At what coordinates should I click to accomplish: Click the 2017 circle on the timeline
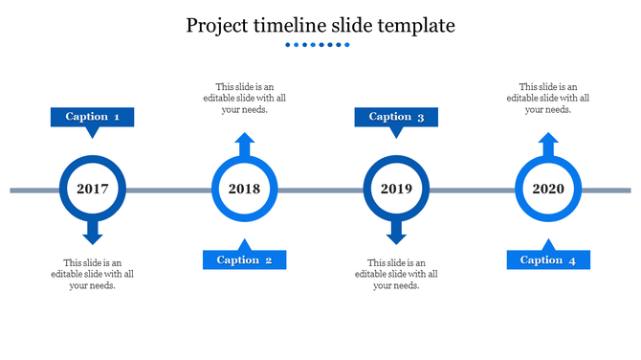[93, 189]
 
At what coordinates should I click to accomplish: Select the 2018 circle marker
[244, 189]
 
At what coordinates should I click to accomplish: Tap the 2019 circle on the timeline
[396, 189]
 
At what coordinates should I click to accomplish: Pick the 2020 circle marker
[547, 189]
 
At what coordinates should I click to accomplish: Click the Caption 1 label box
[92, 117]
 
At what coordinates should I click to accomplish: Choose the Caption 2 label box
[244, 259]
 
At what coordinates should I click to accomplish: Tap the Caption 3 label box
[396, 117]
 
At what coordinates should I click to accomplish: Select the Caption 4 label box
[548, 259]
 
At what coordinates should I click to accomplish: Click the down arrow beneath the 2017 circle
[93, 232]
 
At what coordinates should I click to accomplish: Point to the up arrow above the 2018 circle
[244, 146]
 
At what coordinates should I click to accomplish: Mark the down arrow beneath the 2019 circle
[396, 232]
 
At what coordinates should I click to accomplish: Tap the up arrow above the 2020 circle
[548, 146]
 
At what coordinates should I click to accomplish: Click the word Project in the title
[219, 26]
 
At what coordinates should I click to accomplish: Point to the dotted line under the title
[320, 44]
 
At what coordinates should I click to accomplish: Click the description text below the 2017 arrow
[93, 274]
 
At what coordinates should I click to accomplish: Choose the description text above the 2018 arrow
[244, 98]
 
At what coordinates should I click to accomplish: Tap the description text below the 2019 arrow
[396, 274]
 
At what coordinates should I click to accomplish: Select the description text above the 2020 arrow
[548, 98]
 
